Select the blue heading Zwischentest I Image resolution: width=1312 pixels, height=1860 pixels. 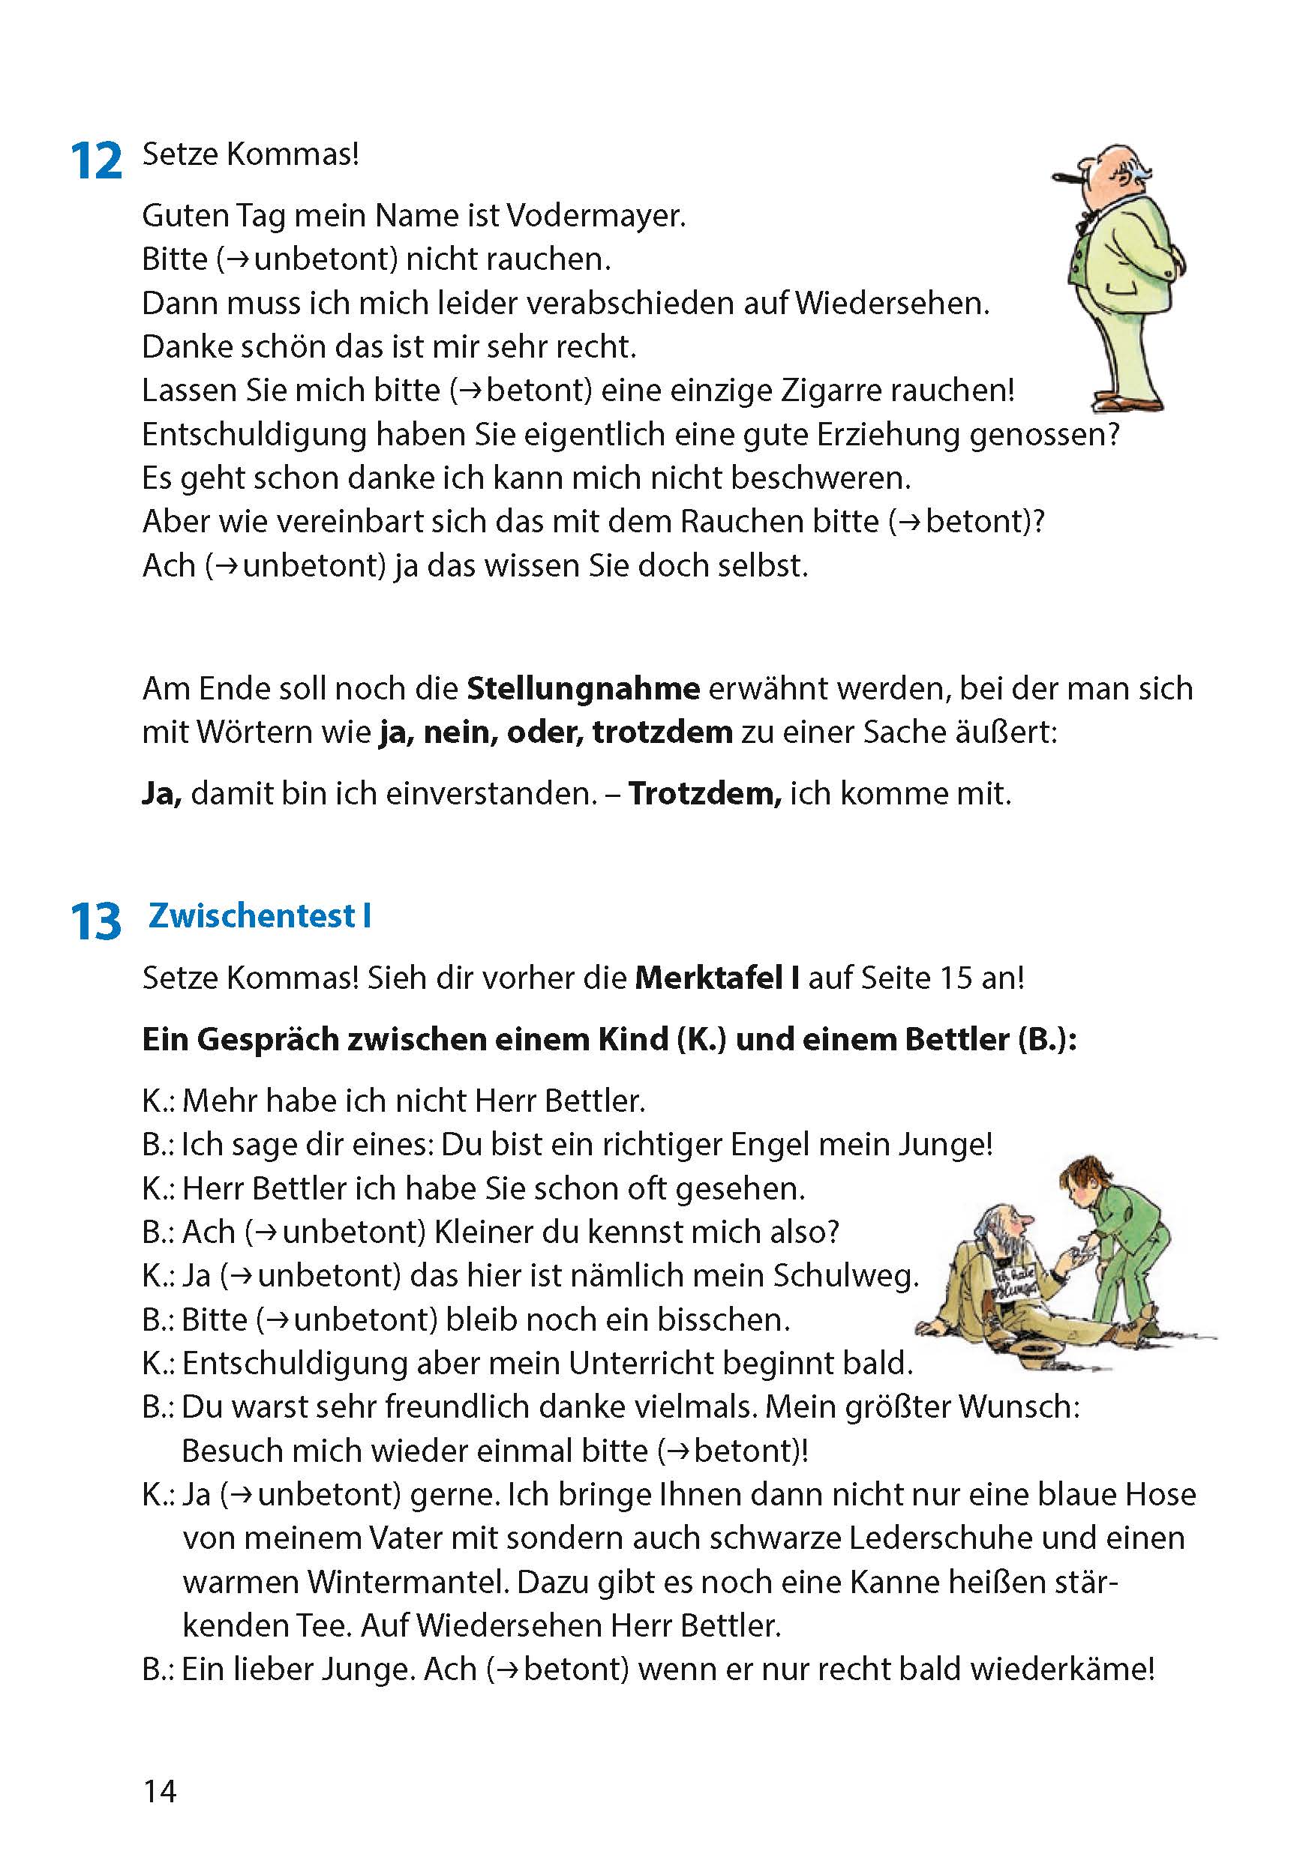(260, 916)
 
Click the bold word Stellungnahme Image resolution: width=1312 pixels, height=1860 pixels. (584, 688)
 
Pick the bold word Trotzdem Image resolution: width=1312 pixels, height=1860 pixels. (704, 794)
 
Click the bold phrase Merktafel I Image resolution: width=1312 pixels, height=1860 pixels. (717, 978)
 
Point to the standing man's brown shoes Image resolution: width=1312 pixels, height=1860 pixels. (1129, 403)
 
